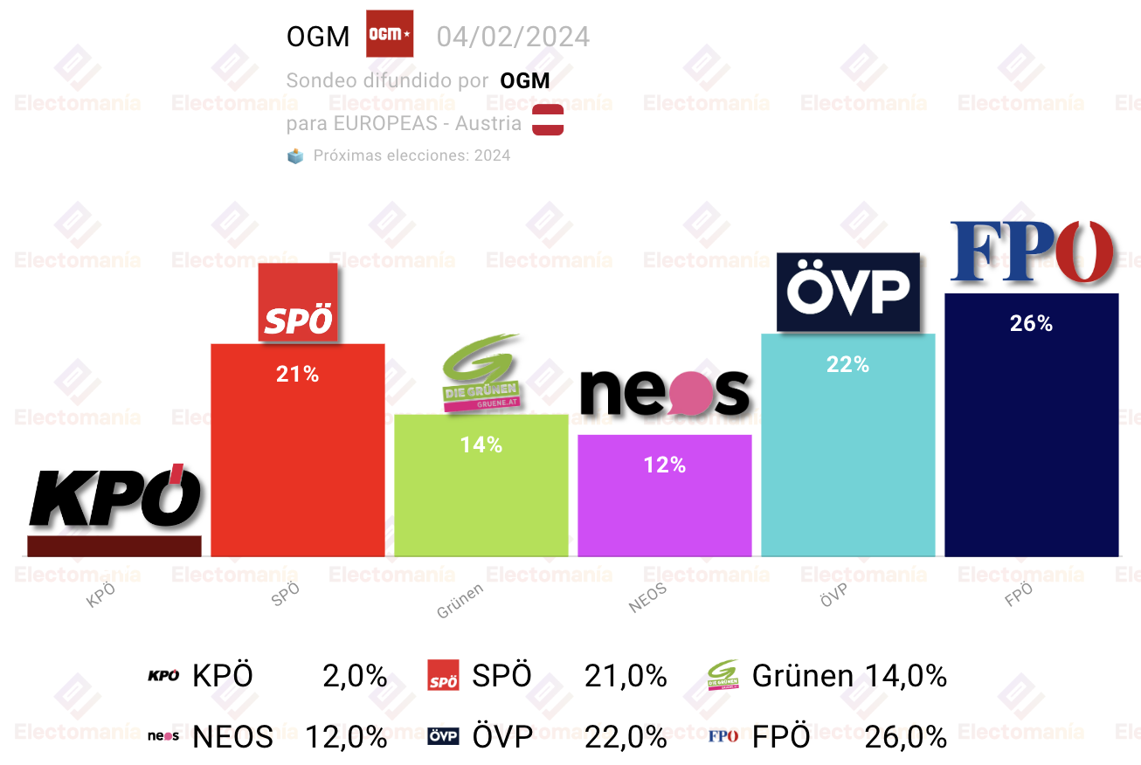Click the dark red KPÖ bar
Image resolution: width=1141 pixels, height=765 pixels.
114,546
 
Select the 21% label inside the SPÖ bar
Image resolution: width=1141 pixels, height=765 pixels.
297,375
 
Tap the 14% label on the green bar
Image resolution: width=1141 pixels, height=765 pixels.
481,445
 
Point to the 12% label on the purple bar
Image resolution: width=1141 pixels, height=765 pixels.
664,465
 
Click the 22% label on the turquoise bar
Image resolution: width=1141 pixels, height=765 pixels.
847,364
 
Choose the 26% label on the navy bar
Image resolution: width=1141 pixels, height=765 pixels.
1031,323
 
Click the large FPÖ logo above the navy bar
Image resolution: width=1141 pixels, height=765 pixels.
1032,252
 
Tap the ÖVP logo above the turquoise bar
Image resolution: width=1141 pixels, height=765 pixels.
848,292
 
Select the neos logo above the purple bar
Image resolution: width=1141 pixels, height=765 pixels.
665,392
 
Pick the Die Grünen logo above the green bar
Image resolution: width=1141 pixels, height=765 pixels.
481,373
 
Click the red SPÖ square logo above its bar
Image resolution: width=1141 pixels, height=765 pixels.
298,302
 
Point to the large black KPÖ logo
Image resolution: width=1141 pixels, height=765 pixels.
115,495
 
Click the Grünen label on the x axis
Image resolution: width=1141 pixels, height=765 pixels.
460,601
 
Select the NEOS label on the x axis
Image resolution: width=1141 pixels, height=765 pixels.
647,598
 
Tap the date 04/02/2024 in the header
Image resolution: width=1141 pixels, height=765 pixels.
513,37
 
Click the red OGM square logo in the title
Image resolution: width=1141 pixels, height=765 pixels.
390,33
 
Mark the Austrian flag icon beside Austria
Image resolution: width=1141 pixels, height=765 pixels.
548,120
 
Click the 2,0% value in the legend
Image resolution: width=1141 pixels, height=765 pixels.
355,677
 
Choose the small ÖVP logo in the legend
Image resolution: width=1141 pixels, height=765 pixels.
443,736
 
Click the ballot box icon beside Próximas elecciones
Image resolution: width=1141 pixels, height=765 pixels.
295,155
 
